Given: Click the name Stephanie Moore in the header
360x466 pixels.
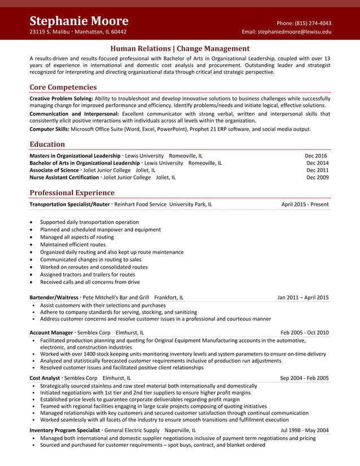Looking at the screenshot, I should [79, 21].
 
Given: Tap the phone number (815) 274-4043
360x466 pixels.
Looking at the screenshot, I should [311, 23].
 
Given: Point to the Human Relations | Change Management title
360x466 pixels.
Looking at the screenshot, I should [180, 49].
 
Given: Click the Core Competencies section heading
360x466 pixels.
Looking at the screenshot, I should [63, 87].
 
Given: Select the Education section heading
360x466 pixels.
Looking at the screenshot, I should [47, 144].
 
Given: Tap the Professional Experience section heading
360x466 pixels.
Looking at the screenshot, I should [72, 193].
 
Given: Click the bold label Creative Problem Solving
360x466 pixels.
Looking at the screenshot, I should [61, 98].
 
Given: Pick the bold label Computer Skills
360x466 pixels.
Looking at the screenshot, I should [49, 129].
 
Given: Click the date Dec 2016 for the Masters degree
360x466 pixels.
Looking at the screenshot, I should [316, 156].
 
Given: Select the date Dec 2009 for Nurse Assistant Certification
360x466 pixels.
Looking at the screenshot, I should [317, 177].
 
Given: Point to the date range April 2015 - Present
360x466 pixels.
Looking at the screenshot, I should [305, 204].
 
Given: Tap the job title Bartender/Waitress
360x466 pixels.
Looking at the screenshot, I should [54, 297].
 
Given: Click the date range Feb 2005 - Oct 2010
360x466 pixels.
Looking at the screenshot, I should [304, 332].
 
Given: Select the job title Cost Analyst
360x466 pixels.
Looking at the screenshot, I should [45, 378].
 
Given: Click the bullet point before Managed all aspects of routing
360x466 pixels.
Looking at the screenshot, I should [32, 238].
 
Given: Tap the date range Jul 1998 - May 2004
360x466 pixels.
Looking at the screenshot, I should [305, 430].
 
